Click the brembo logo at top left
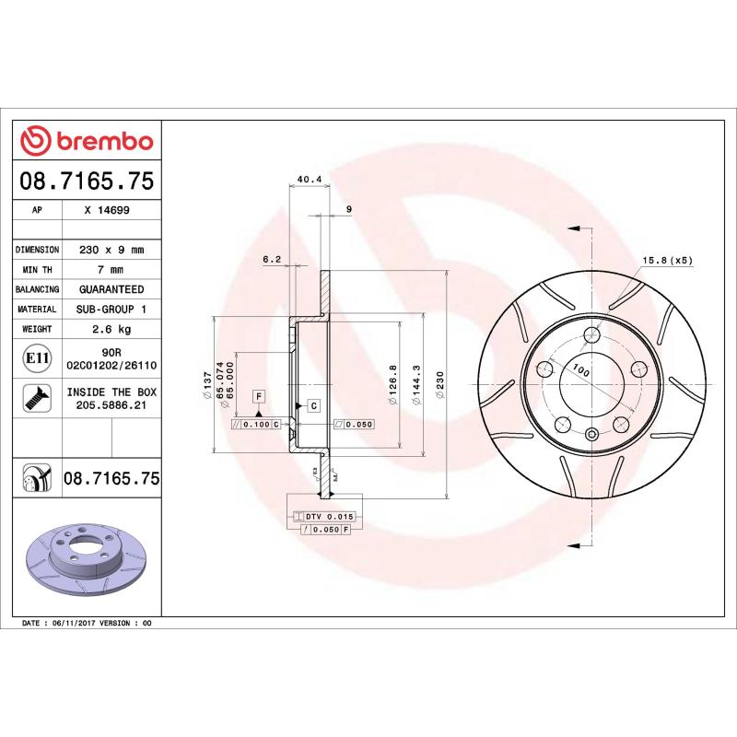[x=87, y=141]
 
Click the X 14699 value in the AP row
[x=106, y=210]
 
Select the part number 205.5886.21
[x=111, y=404]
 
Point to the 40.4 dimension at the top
[x=309, y=181]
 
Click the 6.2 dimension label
[x=271, y=260]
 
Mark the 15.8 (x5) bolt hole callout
[x=666, y=260]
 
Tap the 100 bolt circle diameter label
[x=580, y=370]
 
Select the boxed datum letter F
[x=259, y=396]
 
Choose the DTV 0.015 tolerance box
[x=327, y=517]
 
